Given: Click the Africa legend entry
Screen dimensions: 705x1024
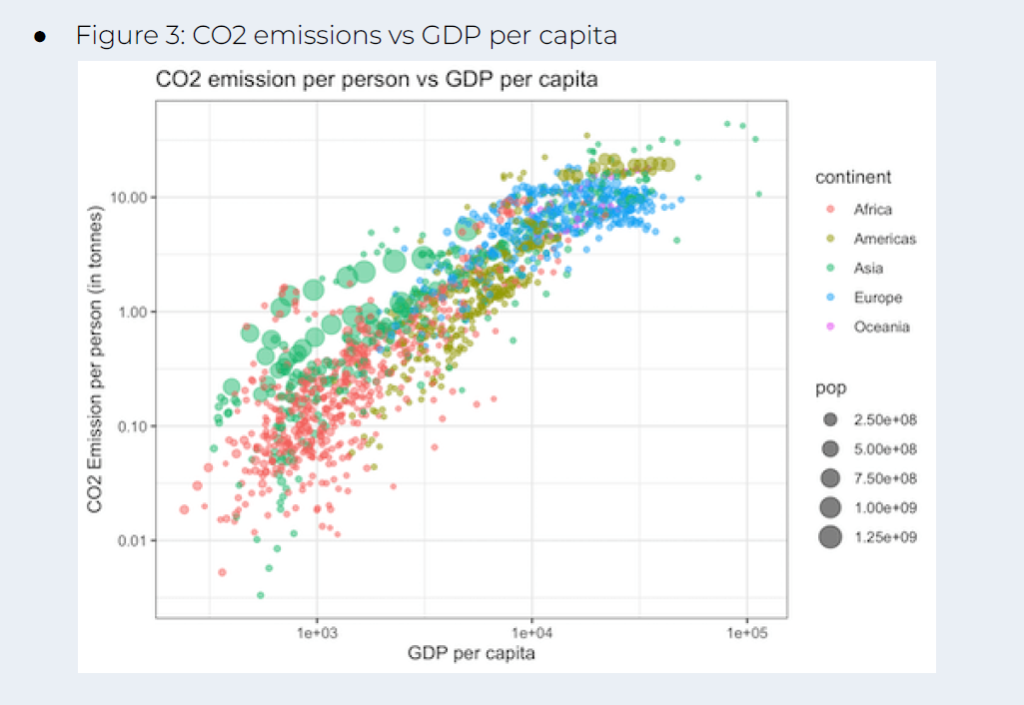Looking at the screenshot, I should click(x=872, y=210).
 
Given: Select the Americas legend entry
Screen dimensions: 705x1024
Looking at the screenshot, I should click(x=883, y=239).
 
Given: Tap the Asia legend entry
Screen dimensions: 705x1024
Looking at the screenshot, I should click(x=868, y=268).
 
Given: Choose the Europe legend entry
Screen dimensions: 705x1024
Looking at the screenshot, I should click(x=877, y=298).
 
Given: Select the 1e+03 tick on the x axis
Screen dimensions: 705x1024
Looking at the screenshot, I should click(x=317, y=633).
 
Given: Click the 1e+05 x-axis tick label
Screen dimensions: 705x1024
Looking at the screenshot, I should click(x=745, y=633).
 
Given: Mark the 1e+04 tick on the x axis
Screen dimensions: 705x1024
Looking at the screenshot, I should click(x=530, y=633).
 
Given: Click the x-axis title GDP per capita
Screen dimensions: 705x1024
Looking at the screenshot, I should click(x=471, y=654).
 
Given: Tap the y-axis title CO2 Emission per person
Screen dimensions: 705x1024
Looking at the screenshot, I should click(x=97, y=359).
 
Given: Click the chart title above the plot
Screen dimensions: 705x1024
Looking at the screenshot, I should click(x=377, y=80).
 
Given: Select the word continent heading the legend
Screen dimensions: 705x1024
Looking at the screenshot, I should click(x=853, y=178).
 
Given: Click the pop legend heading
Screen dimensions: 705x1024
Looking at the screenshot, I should click(x=830, y=387).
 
